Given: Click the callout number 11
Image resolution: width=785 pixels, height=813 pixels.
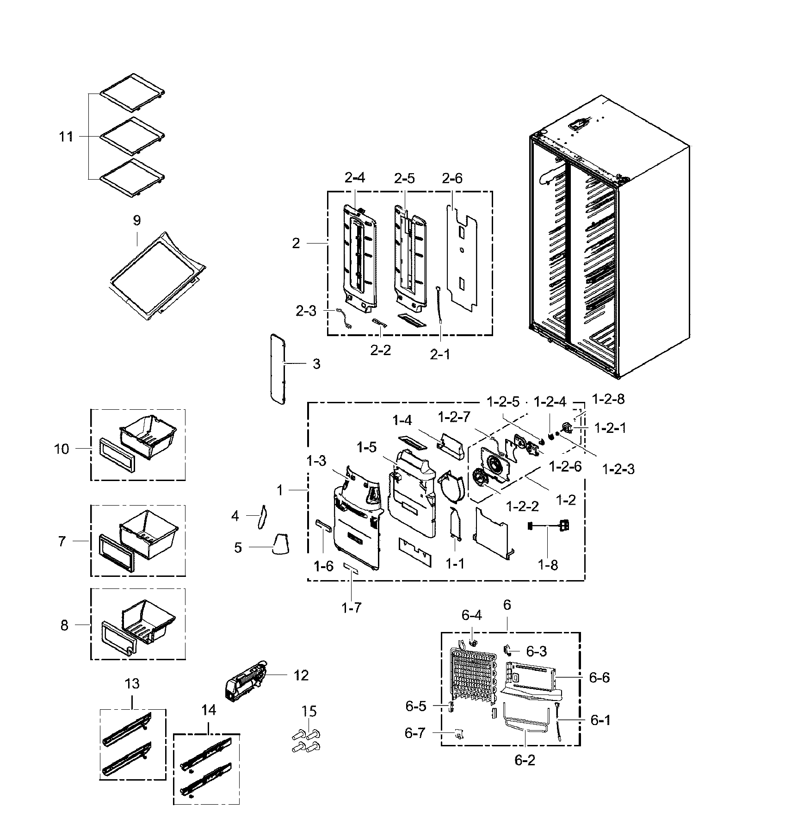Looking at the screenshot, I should (x=66, y=137).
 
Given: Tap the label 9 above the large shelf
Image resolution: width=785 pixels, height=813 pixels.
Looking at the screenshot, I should (x=136, y=220).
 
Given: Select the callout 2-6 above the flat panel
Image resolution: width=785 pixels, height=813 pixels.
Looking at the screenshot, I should (x=451, y=178).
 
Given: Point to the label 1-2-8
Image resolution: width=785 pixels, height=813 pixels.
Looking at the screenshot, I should (x=608, y=399).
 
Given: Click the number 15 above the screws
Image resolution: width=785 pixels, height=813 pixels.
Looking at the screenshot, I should (x=309, y=710).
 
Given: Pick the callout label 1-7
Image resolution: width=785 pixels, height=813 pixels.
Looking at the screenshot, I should (x=351, y=607).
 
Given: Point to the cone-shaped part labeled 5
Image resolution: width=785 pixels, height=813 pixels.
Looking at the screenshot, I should (x=280, y=543).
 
